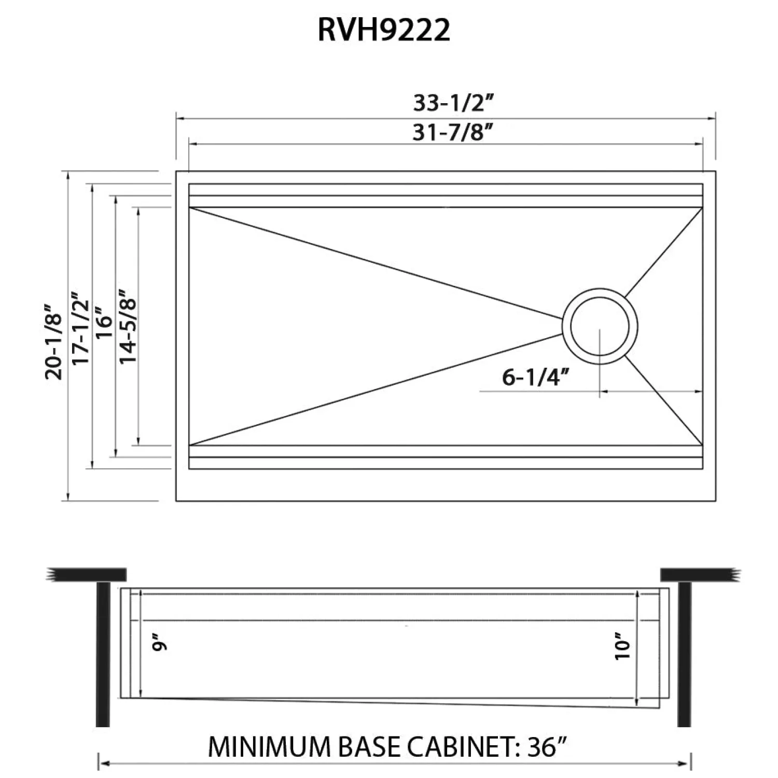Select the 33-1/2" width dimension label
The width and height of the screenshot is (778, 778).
tap(452, 103)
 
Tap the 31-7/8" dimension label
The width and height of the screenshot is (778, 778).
tap(452, 133)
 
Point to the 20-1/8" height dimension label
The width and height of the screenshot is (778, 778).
tap(54, 341)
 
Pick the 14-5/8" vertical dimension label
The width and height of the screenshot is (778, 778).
tap(128, 325)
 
